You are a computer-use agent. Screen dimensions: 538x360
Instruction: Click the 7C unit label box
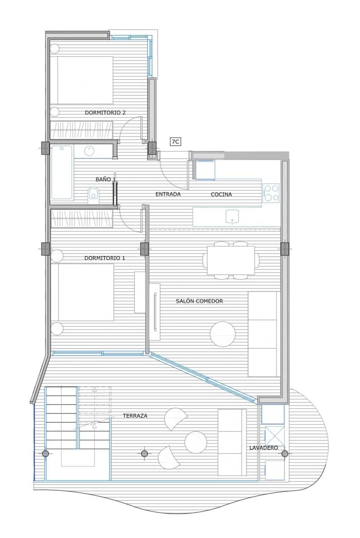click(x=175, y=142)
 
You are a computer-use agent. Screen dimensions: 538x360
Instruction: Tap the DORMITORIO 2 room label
click(x=105, y=113)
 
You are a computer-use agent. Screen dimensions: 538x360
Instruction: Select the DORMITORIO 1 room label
click(x=105, y=258)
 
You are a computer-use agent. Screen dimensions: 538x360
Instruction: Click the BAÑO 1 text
click(x=105, y=179)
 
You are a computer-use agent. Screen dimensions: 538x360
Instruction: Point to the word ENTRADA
click(x=168, y=194)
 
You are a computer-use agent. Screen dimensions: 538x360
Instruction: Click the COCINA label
click(x=221, y=194)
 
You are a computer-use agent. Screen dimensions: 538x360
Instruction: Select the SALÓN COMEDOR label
click(x=200, y=301)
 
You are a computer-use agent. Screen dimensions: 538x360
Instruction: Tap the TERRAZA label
click(x=135, y=416)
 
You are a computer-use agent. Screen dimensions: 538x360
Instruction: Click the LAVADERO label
click(x=264, y=447)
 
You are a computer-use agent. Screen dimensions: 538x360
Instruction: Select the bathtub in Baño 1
click(x=62, y=173)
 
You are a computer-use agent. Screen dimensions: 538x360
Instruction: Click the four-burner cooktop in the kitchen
click(x=271, y=192)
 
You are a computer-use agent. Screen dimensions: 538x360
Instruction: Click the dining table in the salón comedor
click(x=231, y=260)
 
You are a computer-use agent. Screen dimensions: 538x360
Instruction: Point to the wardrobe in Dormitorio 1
click(x=81, y=218)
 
